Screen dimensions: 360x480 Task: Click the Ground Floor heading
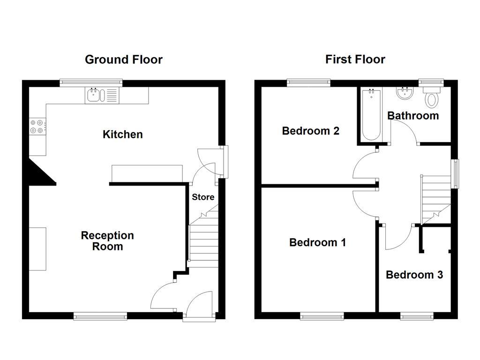[123, 60]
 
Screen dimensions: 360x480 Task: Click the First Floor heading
[355, 60]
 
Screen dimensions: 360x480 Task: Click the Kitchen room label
[122, 135]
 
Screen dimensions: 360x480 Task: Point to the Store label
[203, 197]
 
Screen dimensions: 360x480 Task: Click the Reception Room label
[107, 241]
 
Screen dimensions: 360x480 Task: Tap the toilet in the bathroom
[431, 98]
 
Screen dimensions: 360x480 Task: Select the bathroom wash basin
[403, 94]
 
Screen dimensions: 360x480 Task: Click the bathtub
[372, 115]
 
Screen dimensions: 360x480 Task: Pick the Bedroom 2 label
[310, 131]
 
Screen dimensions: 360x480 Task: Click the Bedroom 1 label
[317, 242]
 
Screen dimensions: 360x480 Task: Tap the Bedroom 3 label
[414, 275]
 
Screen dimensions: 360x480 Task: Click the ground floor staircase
[203, 241]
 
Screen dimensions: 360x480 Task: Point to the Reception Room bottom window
[100, 317]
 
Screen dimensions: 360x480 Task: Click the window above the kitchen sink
[91, 83]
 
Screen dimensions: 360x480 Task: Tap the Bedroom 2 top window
[308, 83]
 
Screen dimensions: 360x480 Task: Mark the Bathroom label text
[413, 115]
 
